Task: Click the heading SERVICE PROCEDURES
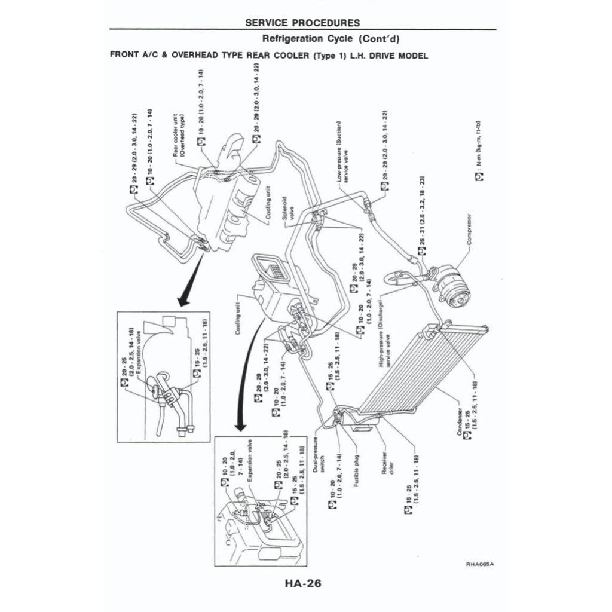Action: coord(302,23)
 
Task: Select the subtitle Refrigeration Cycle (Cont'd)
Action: coord(331,39)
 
